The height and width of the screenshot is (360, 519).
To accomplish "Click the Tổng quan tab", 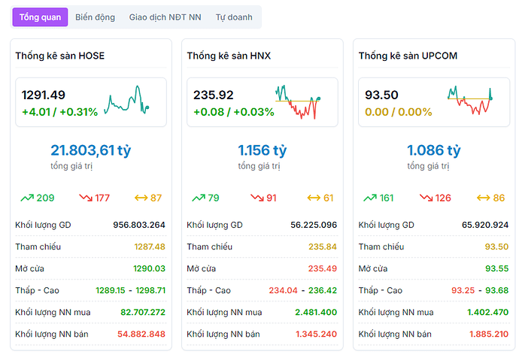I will point(41,17).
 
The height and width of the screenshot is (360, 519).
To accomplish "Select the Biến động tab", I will point(96,17).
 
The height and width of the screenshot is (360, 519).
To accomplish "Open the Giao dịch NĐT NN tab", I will point(165,17).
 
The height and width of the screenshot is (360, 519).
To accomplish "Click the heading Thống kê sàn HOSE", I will point(60,56).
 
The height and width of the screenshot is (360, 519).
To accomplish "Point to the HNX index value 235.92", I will point(214,95).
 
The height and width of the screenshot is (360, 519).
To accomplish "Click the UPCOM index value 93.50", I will point(381,95).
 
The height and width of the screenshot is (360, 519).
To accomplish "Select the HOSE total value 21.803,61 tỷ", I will point(91,150).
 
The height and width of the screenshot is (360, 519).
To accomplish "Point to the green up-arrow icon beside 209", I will point(27,198).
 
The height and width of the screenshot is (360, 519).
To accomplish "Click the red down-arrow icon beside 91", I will point(257,198).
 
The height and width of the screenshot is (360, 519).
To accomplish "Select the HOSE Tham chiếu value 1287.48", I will point(150,247).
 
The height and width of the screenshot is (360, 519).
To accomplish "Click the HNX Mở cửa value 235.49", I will point(321,268).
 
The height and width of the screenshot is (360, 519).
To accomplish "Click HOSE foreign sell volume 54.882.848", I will point(141,334).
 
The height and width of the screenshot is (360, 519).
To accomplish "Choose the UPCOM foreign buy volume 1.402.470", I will point(488,312).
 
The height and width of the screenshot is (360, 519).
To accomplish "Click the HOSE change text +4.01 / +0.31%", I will point(59,112).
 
